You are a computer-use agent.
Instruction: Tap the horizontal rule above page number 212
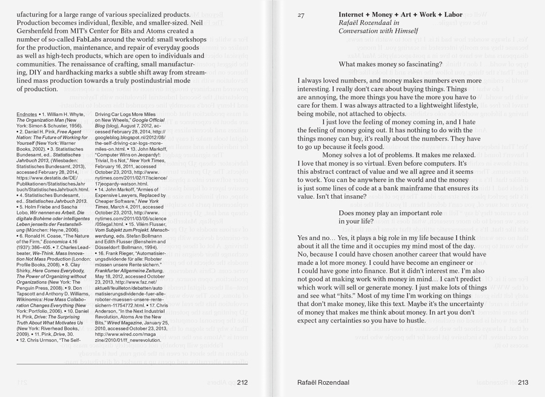coord(133,364)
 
